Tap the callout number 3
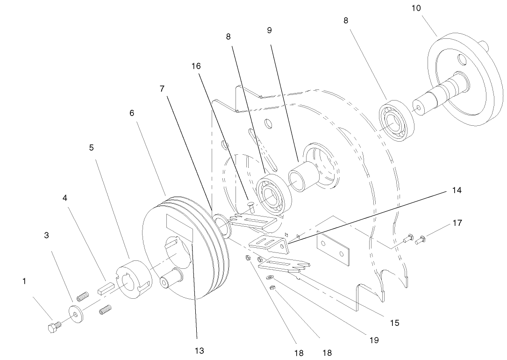point(46,236)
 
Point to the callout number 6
point(132,113)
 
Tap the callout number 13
point(200,351)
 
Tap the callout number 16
point(196,66)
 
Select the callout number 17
point(457,223)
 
